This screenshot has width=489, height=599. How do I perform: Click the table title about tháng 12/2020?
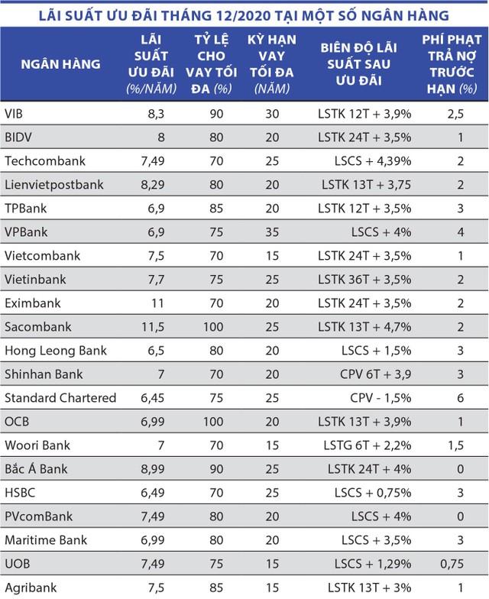244,15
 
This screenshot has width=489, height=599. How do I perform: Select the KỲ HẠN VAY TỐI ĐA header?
266,64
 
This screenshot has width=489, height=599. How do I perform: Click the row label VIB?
15,113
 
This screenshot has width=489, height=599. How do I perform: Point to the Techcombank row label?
45,160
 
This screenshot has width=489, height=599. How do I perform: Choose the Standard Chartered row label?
60,398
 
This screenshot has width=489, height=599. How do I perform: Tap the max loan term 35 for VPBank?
266,232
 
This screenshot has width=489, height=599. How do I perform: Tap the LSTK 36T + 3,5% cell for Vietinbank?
365,279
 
